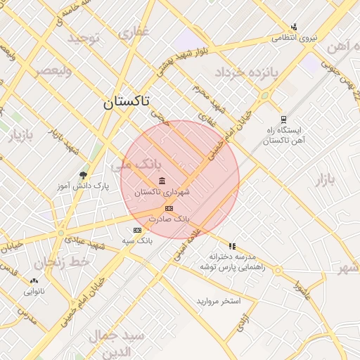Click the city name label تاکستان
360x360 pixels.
coord(126,101)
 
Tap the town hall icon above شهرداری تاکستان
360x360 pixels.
coord(162,181)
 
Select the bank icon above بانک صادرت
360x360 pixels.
coord(168,208)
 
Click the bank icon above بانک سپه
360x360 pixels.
coord(137,230)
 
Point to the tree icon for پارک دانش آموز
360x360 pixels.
coord(84,174)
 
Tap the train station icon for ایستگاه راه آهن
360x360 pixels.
coord(283,120)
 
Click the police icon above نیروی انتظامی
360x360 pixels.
coord(294,27)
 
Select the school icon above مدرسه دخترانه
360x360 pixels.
coord(232,246)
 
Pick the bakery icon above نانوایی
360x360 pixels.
coord(34,280)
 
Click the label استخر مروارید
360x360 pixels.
coord(219,301)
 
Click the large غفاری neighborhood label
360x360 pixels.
coord(134,33)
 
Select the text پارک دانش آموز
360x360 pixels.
coord(83,186)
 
